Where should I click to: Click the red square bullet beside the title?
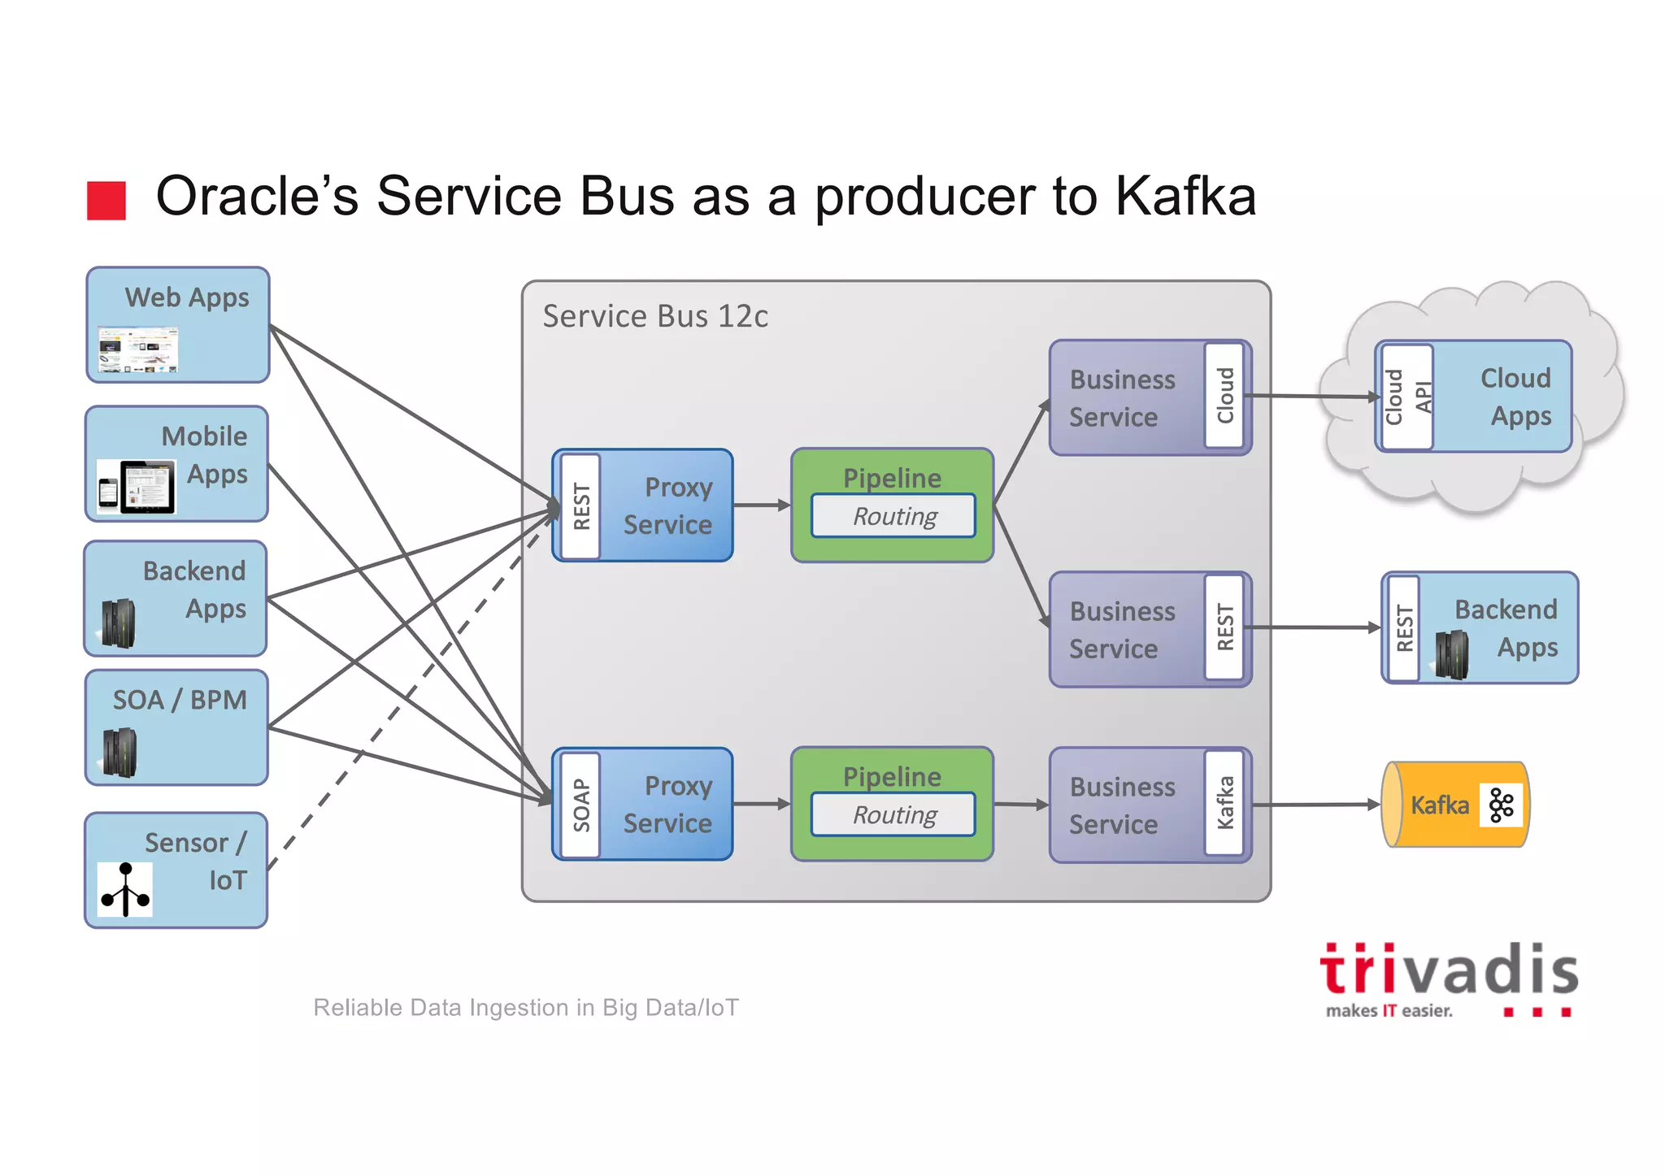click(107, 201)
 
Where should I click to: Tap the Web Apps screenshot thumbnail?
click(137, 349)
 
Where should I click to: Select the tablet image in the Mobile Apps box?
click(148, 487)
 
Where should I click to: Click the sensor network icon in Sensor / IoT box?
click(124, 890)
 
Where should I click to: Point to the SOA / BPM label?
click(179, 700)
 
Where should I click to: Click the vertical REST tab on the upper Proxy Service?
click(581, 506)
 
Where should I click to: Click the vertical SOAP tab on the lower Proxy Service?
click(581, 805)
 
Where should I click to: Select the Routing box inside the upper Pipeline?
click(893, 516)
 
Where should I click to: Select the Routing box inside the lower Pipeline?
click(893, 814)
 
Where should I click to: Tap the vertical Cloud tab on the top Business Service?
click(1224, 396)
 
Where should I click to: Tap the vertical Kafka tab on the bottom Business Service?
click(1224, 803)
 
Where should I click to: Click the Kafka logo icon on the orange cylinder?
click(1501, 805)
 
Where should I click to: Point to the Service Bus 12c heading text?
click(654, 316)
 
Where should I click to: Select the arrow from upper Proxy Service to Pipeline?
click(761, 506)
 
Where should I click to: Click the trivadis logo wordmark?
click(1449, 971)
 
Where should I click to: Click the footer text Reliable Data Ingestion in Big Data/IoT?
click(526, 1008)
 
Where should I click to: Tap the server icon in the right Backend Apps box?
click(1451, 653)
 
